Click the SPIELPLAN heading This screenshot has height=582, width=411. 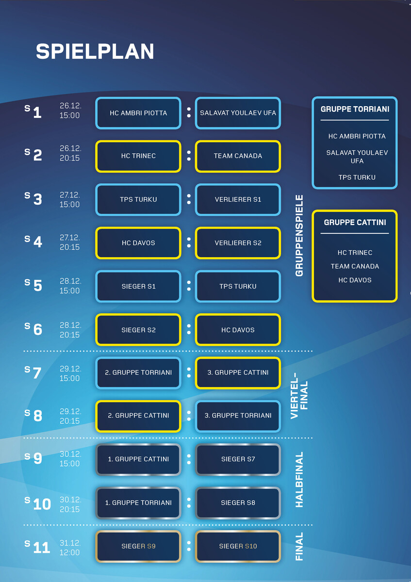[x=95, y=52]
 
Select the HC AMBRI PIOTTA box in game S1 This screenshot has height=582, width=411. [x=138, y=113]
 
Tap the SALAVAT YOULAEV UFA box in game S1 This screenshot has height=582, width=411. [x=238, y=113]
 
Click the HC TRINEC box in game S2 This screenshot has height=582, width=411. [x=138, y=156]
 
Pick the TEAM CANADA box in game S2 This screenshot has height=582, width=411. [x=238, y=156]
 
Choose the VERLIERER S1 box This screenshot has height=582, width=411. [x=238, y=199]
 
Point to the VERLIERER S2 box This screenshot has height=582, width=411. [x=238, y=243]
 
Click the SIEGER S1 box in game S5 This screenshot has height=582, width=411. [x=138, y=286]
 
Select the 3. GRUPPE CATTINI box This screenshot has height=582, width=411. [x=238, y=372]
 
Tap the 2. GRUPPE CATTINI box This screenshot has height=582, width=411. [x=138, y=416]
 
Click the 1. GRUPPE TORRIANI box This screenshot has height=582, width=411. [x=138, y=503]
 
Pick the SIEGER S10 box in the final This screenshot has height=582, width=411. [x=238, y=546]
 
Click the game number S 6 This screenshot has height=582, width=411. [x=34, y=329]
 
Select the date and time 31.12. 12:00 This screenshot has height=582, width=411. [x=70, y=548]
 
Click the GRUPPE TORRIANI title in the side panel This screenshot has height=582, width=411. [x=355, y=110]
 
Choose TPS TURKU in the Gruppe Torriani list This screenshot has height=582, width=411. [x=357, y=178]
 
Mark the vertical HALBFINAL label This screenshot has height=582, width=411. [x=299, y=480]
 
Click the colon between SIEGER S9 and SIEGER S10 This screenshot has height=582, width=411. [x=188, y=546]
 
